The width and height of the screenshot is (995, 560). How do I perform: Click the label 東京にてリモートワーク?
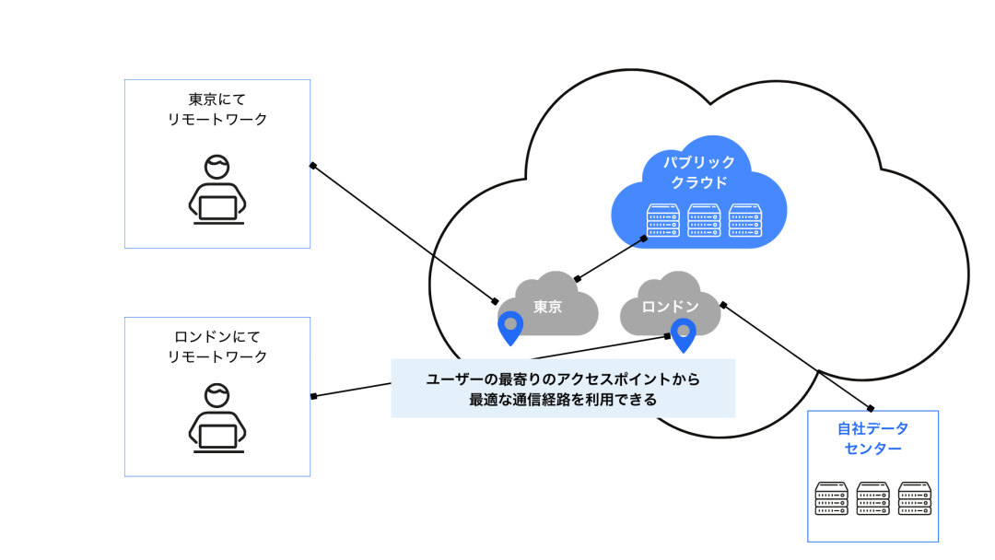217,109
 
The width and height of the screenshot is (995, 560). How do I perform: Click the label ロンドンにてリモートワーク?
217,345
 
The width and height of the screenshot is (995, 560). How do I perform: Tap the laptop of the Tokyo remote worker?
217,209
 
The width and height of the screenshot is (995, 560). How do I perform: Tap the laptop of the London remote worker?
217,437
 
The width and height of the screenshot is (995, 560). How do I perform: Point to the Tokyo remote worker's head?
217,169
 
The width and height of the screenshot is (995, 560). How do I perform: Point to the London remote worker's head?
217,396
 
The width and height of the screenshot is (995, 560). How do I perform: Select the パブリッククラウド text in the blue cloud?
699,172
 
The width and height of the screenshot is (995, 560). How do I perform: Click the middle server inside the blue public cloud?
704,220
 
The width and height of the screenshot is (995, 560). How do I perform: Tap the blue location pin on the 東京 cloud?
509,327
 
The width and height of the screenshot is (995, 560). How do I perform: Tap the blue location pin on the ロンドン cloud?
683,333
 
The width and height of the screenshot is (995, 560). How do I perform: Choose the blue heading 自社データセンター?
872,438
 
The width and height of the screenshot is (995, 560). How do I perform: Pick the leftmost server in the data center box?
831,498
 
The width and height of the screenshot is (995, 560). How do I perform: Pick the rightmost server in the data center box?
914,498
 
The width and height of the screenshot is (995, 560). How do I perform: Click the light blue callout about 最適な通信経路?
563,389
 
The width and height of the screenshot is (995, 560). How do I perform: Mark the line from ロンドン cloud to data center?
797,355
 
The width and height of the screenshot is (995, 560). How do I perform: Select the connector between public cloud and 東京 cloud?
609,257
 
